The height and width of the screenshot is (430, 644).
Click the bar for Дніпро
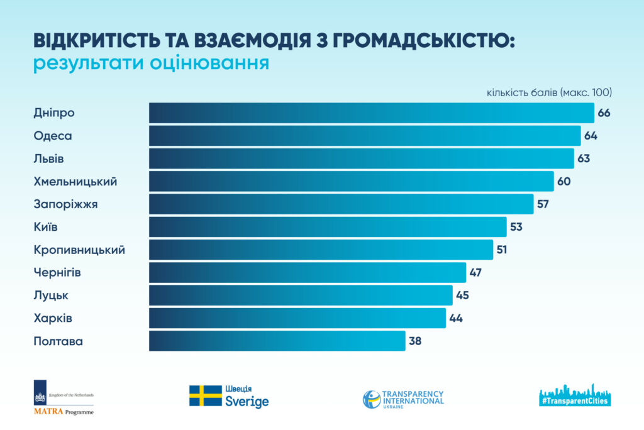[371, 113]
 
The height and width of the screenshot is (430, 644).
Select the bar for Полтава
[277, 341]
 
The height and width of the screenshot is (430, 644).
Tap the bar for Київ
[327, 227]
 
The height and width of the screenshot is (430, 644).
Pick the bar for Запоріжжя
[341, 204]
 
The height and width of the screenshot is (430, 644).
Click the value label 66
[605, 113]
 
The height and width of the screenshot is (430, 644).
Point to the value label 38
[415, 341]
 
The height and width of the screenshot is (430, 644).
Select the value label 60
[564, 182]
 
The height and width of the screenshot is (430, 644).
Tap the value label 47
[476, 273]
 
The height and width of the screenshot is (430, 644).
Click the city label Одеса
[53, 136]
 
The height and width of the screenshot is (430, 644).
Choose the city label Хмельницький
[75, 182]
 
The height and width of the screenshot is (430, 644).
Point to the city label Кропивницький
[79, 250]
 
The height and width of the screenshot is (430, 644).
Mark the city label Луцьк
[51, 295]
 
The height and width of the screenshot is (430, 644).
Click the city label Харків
[53, 318]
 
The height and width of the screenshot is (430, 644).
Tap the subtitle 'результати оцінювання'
[151, 64]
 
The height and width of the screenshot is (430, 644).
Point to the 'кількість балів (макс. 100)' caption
[549, 92]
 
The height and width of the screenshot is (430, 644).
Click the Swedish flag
[205, 396]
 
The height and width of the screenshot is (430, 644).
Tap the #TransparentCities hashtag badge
[575, 400]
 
